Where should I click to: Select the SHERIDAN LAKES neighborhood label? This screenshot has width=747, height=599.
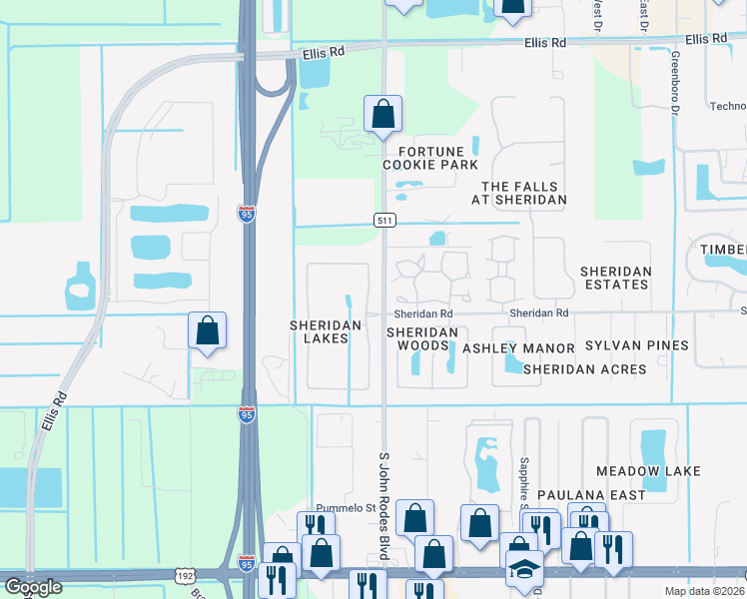(319, 331)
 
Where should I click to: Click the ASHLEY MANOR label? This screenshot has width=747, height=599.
(518, 348)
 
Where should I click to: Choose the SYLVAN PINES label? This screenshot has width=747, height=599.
(637, 345)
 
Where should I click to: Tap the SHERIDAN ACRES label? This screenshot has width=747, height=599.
(584, 369)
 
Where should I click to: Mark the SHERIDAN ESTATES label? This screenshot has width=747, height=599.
(616, 278)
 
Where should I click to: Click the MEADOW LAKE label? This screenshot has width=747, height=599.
(648, 470)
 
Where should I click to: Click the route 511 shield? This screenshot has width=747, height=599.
(383, 220)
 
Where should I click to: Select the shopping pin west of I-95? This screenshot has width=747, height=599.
(206, 331)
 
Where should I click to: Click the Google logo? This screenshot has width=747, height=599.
(32, 587)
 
